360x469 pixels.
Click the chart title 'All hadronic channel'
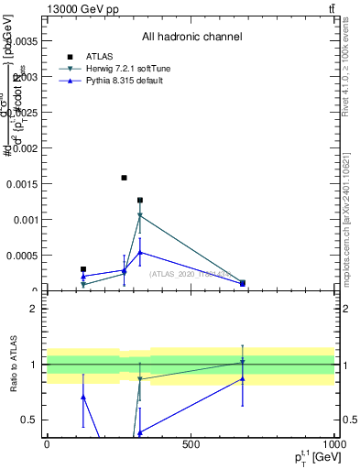191,38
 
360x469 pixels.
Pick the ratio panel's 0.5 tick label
29,420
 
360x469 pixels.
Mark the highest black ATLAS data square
124,178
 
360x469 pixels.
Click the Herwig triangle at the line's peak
140,216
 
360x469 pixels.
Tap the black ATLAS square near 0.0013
140,200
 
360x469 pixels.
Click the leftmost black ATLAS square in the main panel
83,269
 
